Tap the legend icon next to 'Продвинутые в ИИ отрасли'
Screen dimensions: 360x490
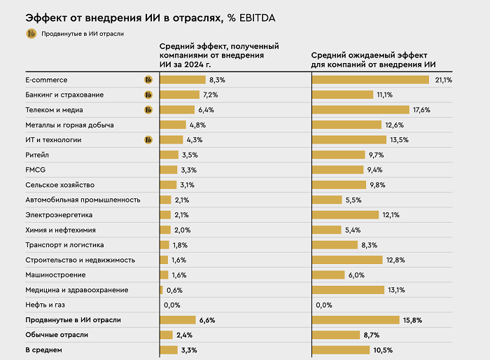coord(31,34)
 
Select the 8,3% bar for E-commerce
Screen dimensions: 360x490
coord(182,80)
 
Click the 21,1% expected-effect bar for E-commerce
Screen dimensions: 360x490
coord(370,80)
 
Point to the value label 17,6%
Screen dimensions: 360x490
coord(421,110)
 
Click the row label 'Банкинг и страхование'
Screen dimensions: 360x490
coord(64,95)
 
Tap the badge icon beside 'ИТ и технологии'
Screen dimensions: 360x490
coord(148,140)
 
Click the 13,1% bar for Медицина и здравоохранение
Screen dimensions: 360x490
coord(348,290)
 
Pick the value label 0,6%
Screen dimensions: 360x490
coord(174,290)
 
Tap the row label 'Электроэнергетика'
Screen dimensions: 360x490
coord(59,214)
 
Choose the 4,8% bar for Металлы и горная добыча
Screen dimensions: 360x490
coord(173,125)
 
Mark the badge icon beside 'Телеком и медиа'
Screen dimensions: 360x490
coord(148,110)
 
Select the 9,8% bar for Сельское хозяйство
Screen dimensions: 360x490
coord(338,185)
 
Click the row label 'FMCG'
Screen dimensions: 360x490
coord(36,169)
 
